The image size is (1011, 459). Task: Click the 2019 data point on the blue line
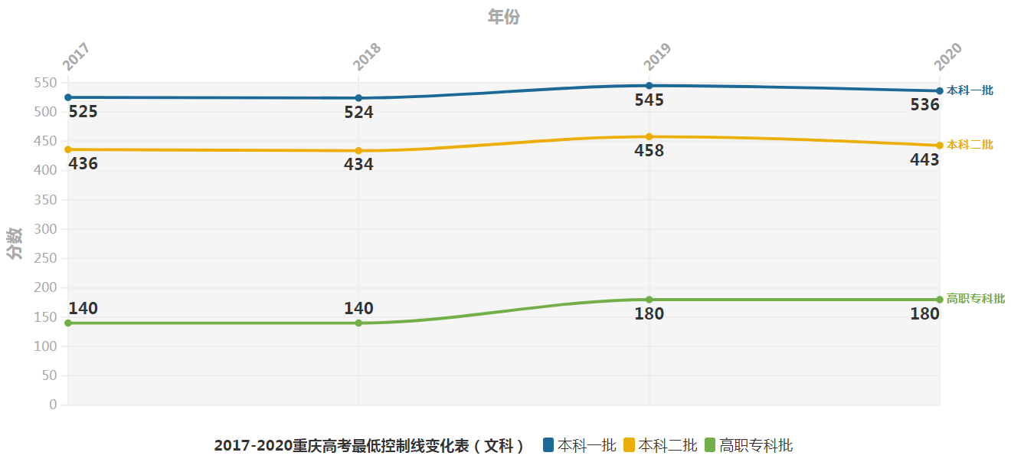649,86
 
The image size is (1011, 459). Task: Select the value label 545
649,100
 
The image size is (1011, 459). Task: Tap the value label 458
649,151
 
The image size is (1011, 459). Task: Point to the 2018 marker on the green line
358,323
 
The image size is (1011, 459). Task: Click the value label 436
83,163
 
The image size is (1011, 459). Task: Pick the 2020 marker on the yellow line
939,146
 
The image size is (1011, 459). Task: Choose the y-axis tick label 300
47,229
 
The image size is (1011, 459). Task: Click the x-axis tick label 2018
366,57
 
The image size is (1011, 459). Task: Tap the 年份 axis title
504,17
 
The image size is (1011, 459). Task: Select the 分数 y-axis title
14,244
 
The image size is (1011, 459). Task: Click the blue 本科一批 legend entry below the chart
579,445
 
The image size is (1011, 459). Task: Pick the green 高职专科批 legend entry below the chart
748,445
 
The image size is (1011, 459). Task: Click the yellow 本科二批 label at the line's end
970,145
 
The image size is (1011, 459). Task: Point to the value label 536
924,105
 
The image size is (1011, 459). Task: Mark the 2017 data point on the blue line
68,97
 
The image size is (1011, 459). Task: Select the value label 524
358,113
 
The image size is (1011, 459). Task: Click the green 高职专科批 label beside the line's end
976,299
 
